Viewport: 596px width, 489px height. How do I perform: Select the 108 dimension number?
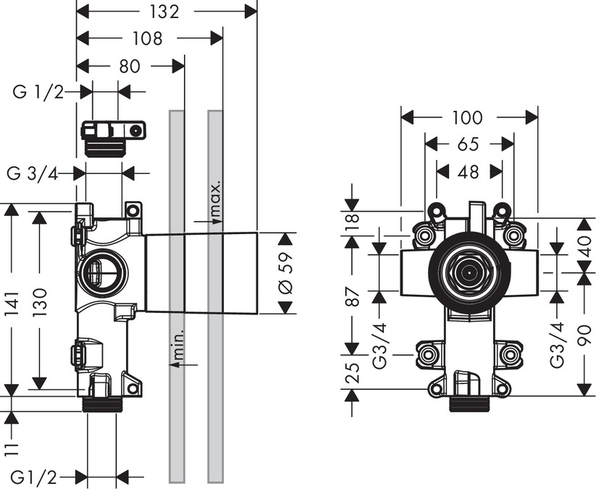click(148, 38)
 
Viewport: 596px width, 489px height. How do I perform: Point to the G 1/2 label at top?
click(38, 92)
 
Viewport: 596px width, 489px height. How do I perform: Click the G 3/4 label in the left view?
click(32, 173)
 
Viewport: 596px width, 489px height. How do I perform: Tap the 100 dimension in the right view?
click(469, 117)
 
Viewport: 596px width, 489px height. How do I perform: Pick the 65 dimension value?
click(469, 144)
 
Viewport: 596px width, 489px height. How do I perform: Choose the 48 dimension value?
click(469, 172)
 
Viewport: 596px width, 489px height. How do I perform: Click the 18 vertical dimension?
click(353, 223)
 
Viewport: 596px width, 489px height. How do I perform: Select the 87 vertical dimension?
click(353, 297)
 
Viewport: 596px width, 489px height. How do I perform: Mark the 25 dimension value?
click(353, 372)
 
